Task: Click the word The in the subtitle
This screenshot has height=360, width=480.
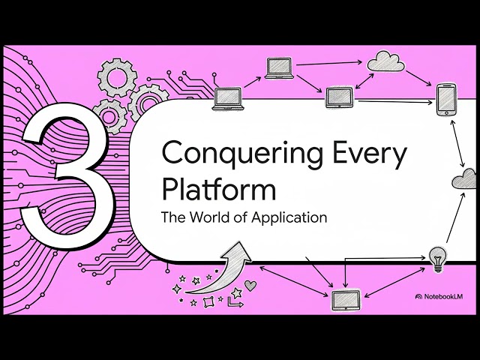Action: [x=173, y=218]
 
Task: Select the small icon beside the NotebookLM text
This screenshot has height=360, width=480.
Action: [x=418, y=297]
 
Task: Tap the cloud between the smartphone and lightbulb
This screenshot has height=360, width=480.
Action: [x=465, y=179]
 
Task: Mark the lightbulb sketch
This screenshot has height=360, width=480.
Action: [x=436, y=255]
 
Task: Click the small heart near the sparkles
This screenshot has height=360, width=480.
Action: [x=250, y=285]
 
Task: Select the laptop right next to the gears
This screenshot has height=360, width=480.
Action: [x=227, y=97]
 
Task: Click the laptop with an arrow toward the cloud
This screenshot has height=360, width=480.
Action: [x=277, y=67]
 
